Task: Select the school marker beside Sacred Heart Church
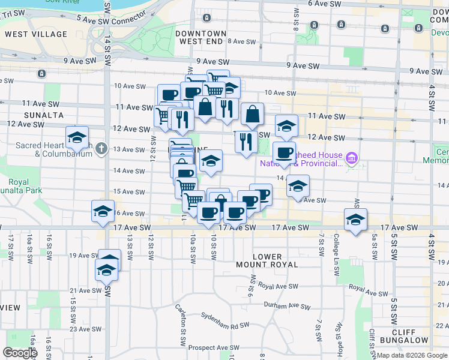[77, 137]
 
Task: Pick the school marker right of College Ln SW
[356, 220]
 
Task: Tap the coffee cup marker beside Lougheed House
[284, 152]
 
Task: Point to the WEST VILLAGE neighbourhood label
[35, 34]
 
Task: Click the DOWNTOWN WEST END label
[203, 37]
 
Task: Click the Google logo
[20, 353]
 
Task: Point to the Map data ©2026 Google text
[411, 355]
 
